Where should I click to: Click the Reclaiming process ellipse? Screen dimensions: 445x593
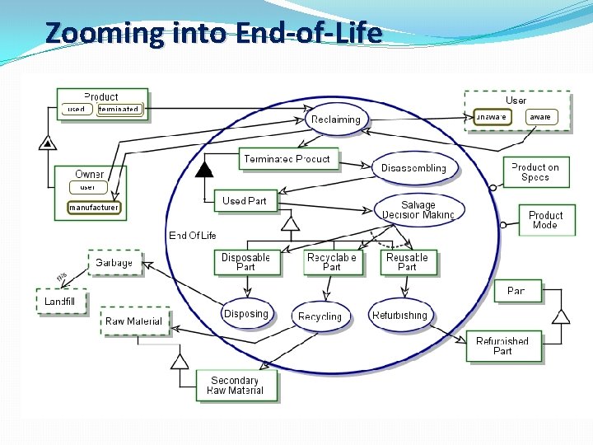335,119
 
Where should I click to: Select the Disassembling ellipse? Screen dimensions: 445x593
413,168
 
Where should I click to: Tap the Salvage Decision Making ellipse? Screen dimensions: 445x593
418,210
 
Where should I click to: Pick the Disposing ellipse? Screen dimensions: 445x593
246,314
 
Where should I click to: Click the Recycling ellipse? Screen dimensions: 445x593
320,316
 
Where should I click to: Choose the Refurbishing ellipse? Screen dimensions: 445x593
400,316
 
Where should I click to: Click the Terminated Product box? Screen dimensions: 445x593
287,159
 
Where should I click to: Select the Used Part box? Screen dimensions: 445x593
245,200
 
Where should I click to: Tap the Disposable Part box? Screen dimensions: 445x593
245,262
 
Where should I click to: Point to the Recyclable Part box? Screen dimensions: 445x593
331,262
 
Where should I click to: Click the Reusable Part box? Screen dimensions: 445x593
407,262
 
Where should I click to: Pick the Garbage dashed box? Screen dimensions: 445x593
114,263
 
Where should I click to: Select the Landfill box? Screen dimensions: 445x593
60,302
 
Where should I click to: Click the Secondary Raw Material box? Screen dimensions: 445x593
236,385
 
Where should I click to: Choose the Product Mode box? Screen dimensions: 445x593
545,220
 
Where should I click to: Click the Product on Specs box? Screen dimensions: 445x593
535,172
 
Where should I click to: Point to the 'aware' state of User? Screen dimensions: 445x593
540,117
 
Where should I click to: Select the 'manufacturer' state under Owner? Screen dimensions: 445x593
94,208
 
